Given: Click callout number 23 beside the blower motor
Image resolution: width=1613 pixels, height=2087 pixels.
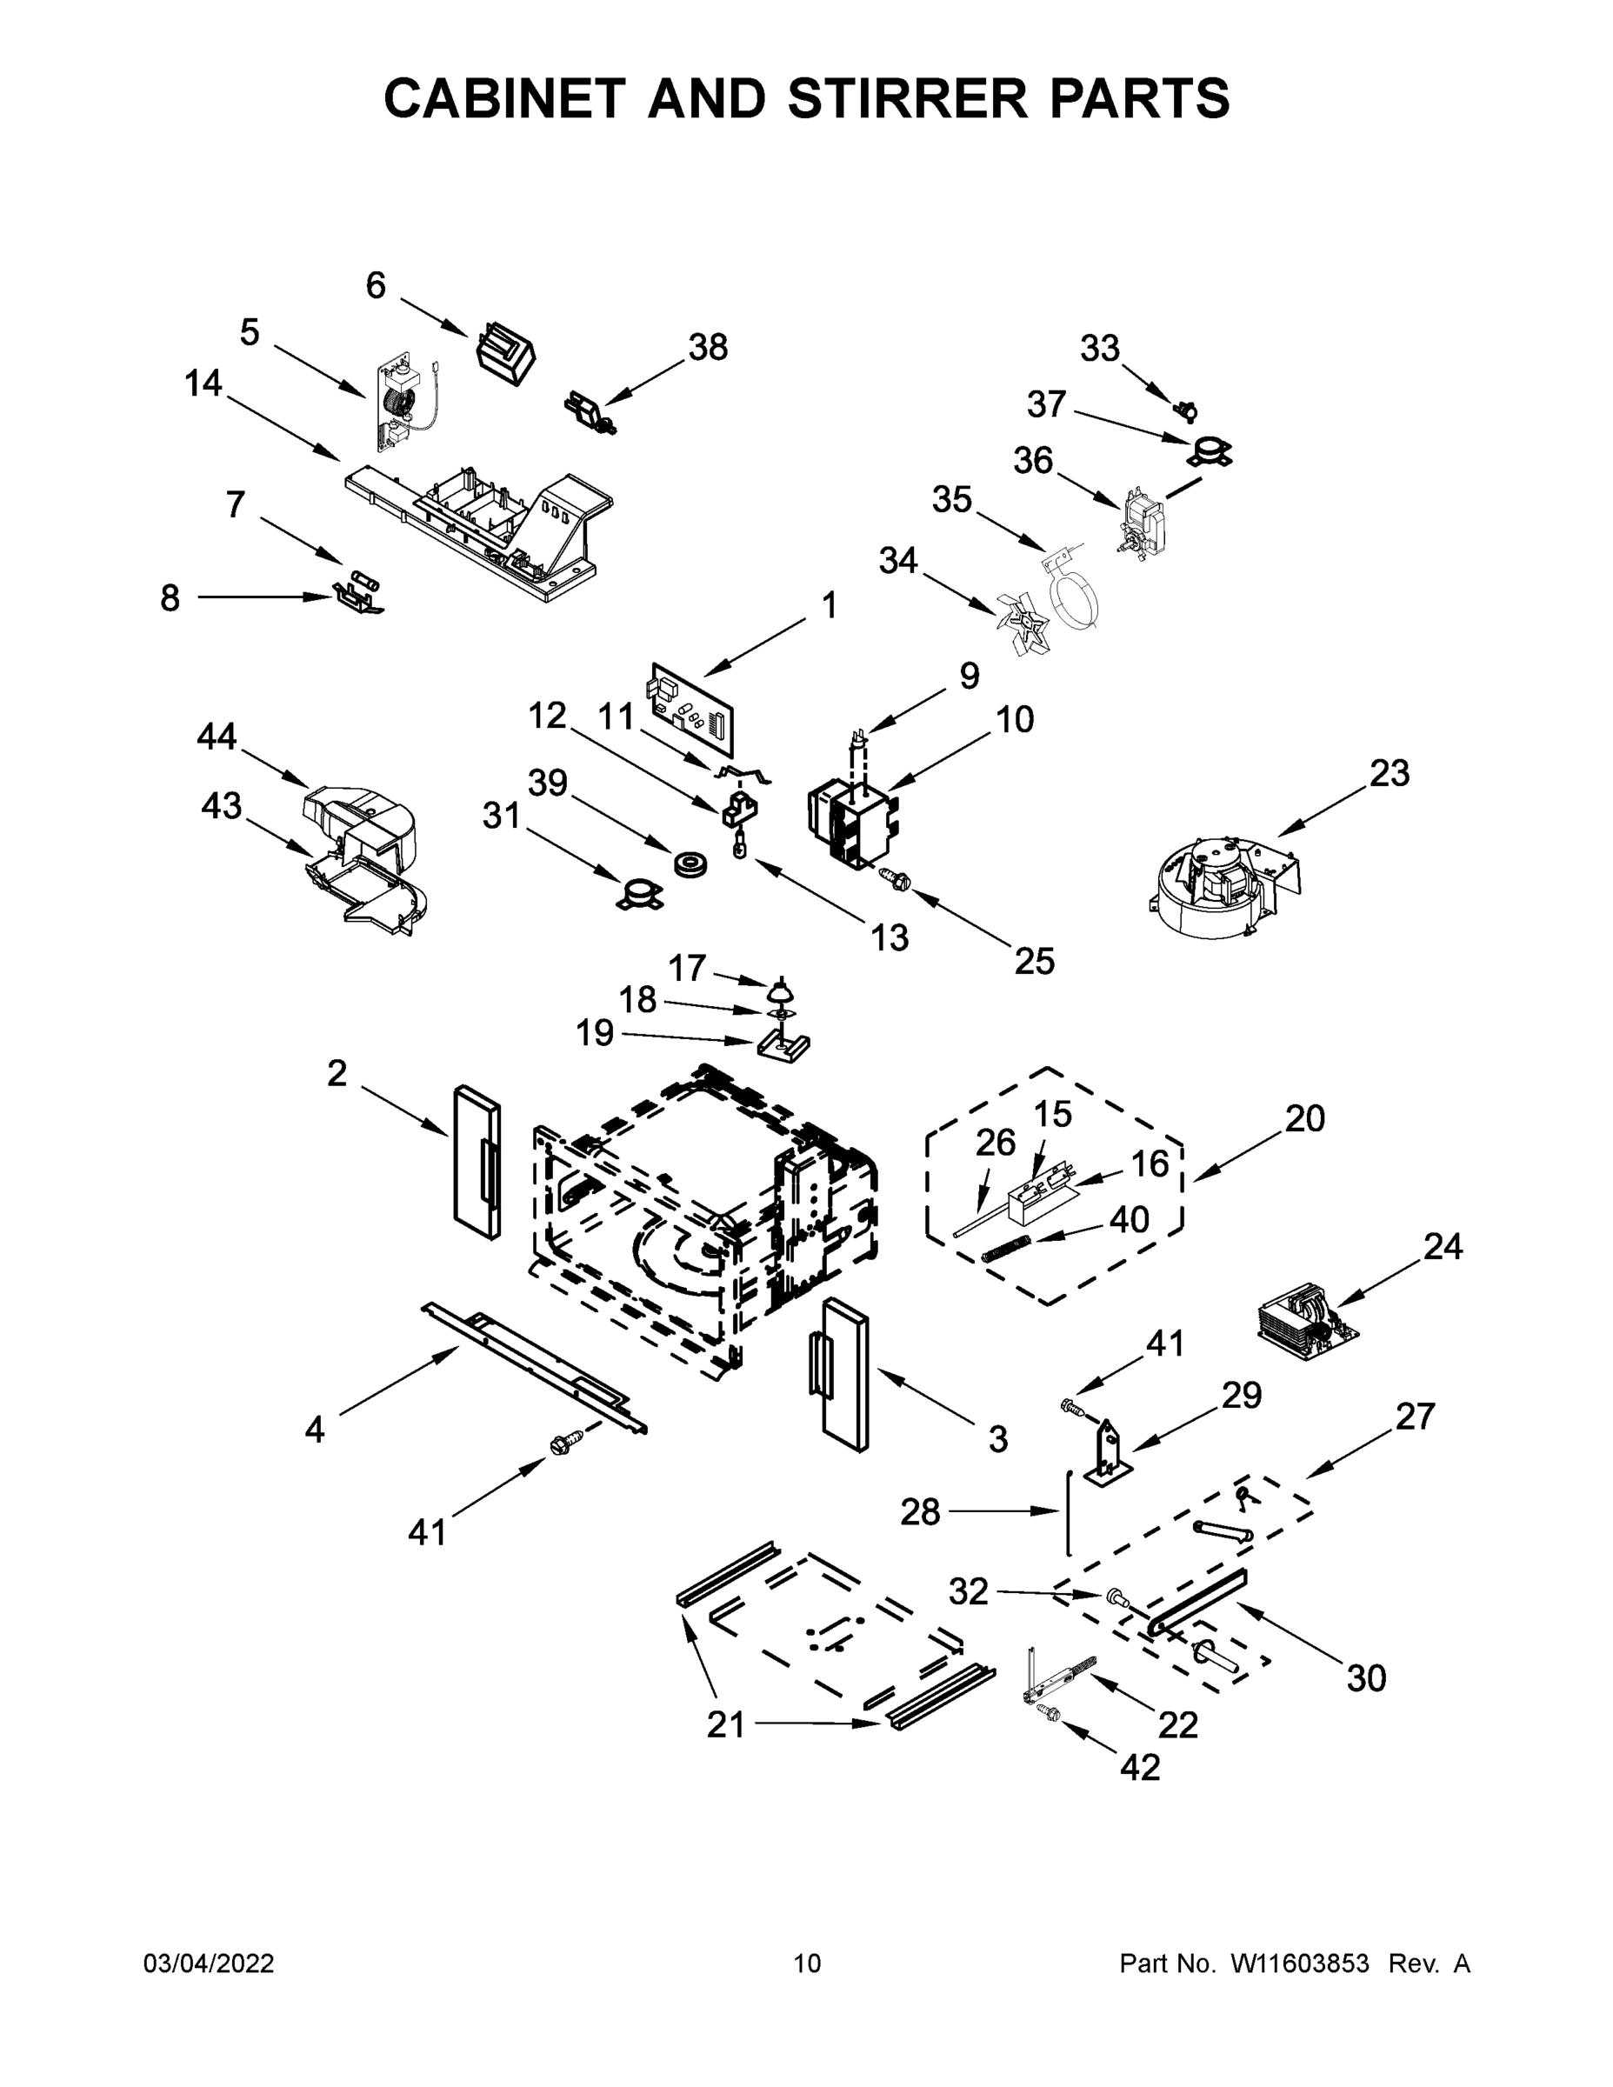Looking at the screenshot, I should click(1389, 773).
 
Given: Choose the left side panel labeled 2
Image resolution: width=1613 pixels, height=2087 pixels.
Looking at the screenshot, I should click(477, 1162).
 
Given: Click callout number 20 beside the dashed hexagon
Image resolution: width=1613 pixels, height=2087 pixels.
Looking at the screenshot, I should click(1304, 1118).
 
